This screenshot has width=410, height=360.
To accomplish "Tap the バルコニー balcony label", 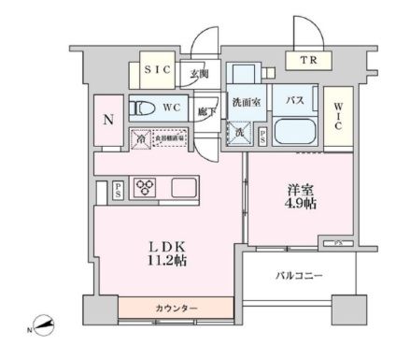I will (x=298, y=277).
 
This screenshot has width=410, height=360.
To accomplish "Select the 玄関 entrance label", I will (x=198, y=75).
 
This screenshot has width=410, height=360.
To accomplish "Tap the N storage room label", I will (x=107, y=119).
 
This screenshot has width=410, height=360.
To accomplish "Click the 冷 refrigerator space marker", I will (x=140, y=137).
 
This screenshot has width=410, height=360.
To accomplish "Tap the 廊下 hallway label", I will (x=206, y=111).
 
